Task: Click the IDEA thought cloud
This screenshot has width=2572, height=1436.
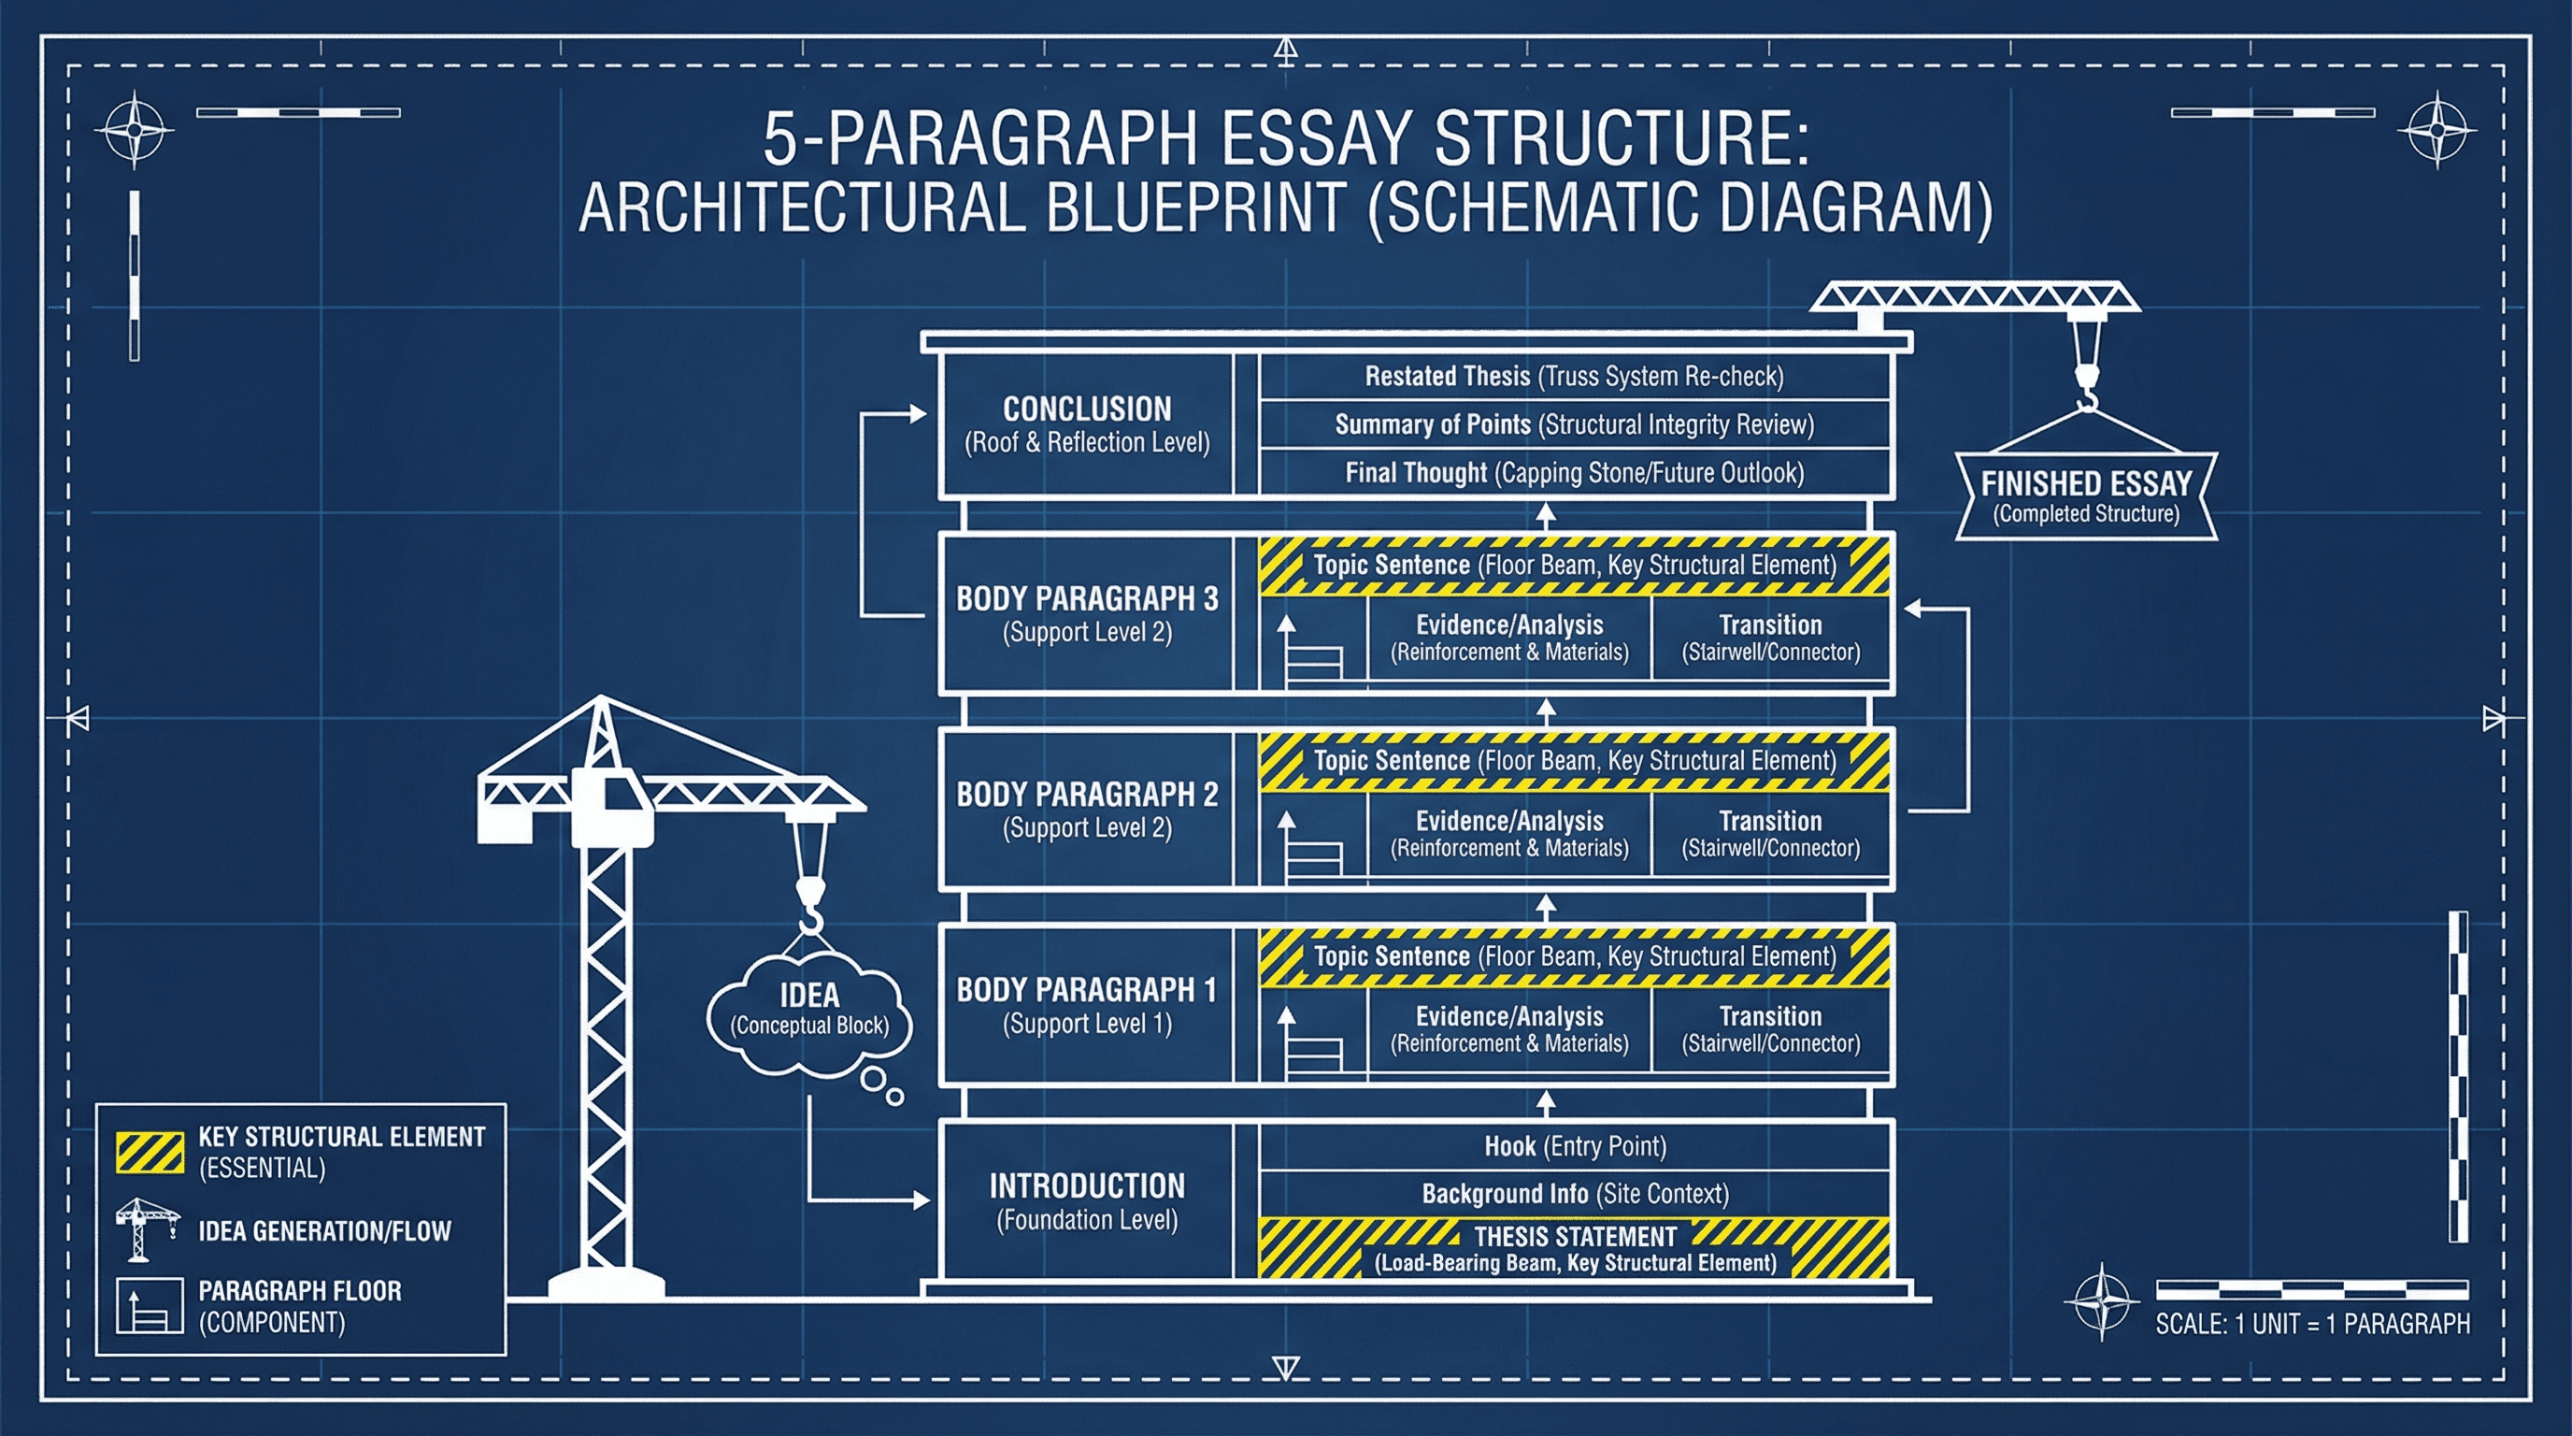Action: pyautogui.click(x=808, y=1011)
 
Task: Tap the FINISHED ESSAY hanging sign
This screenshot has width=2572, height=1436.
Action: pyautogui.click(x=2086, y=496)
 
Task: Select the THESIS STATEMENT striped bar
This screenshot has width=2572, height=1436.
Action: pyautogui.click(x=1575, y=1248)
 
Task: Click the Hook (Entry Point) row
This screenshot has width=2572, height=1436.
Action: pyautogui.click(x=1575, y=1146)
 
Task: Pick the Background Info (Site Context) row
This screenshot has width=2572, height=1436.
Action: pyautogui.click(x=1575, y=1195)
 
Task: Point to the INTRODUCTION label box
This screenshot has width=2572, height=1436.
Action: pyautogui.click(x=1086, y=1201)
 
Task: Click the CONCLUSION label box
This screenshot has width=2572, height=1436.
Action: pyautogui.click(x=1086, y=424)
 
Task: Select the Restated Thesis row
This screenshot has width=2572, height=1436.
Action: pyautogui.click(x=1575, y=377)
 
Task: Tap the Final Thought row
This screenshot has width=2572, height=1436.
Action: pyautogui.click(x=1575, y=472)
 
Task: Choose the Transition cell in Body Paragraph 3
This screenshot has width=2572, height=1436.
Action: pyautogui.click(x=1770, y=637)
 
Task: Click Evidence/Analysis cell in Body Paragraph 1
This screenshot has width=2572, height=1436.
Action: pyautogui.click(x=1508, y=1028)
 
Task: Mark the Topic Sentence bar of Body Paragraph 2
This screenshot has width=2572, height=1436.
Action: pyautogui.click(x=1575, y=761)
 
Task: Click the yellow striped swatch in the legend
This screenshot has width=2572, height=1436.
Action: pyautogui.click(x=150, y=1152)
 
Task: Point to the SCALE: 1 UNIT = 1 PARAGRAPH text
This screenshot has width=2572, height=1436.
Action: pyautogui.click(x=2311, y=1324)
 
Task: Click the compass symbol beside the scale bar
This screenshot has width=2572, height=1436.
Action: pyautogui.click(x=2101, y=1302)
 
